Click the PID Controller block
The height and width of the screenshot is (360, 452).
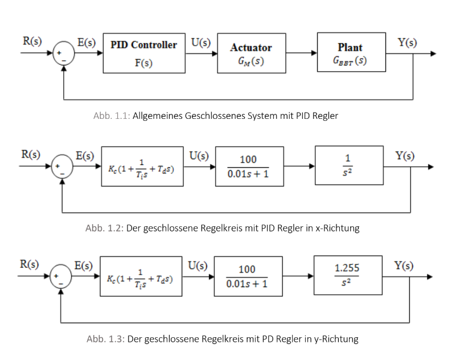[143, 53]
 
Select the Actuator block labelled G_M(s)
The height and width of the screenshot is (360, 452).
[251, 53]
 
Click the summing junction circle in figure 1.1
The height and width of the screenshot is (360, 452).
[64, 55]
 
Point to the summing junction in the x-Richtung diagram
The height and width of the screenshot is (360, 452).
[63, 167]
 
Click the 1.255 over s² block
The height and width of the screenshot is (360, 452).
[347, 275]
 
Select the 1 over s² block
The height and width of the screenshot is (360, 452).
[348, 166]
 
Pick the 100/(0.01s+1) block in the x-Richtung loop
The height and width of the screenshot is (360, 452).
[249, 167]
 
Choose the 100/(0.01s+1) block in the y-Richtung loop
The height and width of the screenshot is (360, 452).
[248, 276]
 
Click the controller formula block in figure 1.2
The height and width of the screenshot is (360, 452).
[143, 167]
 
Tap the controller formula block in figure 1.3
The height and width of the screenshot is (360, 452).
[141, 276]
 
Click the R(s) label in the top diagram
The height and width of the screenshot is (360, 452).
[32, 42]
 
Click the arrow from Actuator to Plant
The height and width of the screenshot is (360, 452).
[301, 53]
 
